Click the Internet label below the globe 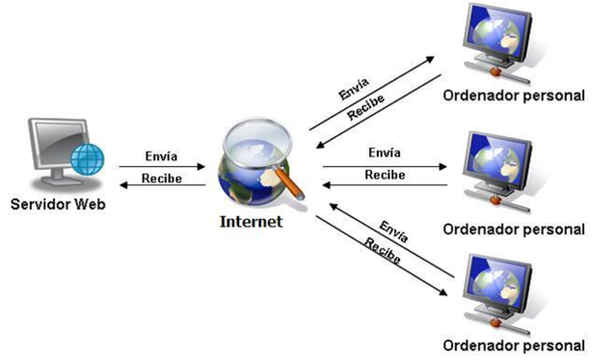[251, 221]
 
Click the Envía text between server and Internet [160, 156]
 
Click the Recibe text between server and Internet [160, 178]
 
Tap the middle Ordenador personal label [514, 228]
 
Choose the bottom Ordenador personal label [514, 344]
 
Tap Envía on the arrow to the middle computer [385, 153]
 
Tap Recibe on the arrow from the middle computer [385, 174]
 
